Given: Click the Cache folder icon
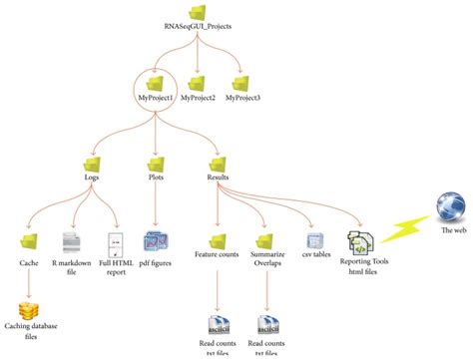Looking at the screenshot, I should coord(30,241).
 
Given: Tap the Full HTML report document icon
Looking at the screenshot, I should coord(114,241).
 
